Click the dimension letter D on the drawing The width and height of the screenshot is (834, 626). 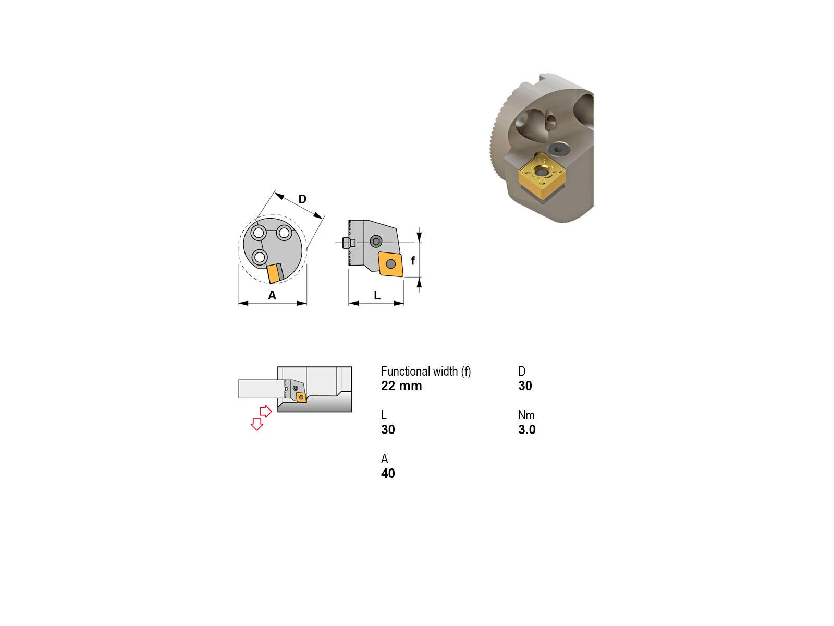(x=302, y=199)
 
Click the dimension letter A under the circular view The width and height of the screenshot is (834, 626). (x=272, y=295)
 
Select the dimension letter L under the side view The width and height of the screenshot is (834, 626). (x=377, y=295)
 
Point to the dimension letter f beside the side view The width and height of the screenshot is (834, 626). (x=413, y=260)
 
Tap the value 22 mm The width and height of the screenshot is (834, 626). (x=401, y=386)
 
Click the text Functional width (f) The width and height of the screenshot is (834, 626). (x=425, y=371)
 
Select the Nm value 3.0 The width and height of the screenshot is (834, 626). (x=526, y=429)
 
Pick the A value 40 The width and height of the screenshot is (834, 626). (x=388, y=473)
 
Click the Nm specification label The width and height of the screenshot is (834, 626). (x=526, y=415)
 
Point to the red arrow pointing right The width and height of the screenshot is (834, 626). (x=266, y=411)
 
